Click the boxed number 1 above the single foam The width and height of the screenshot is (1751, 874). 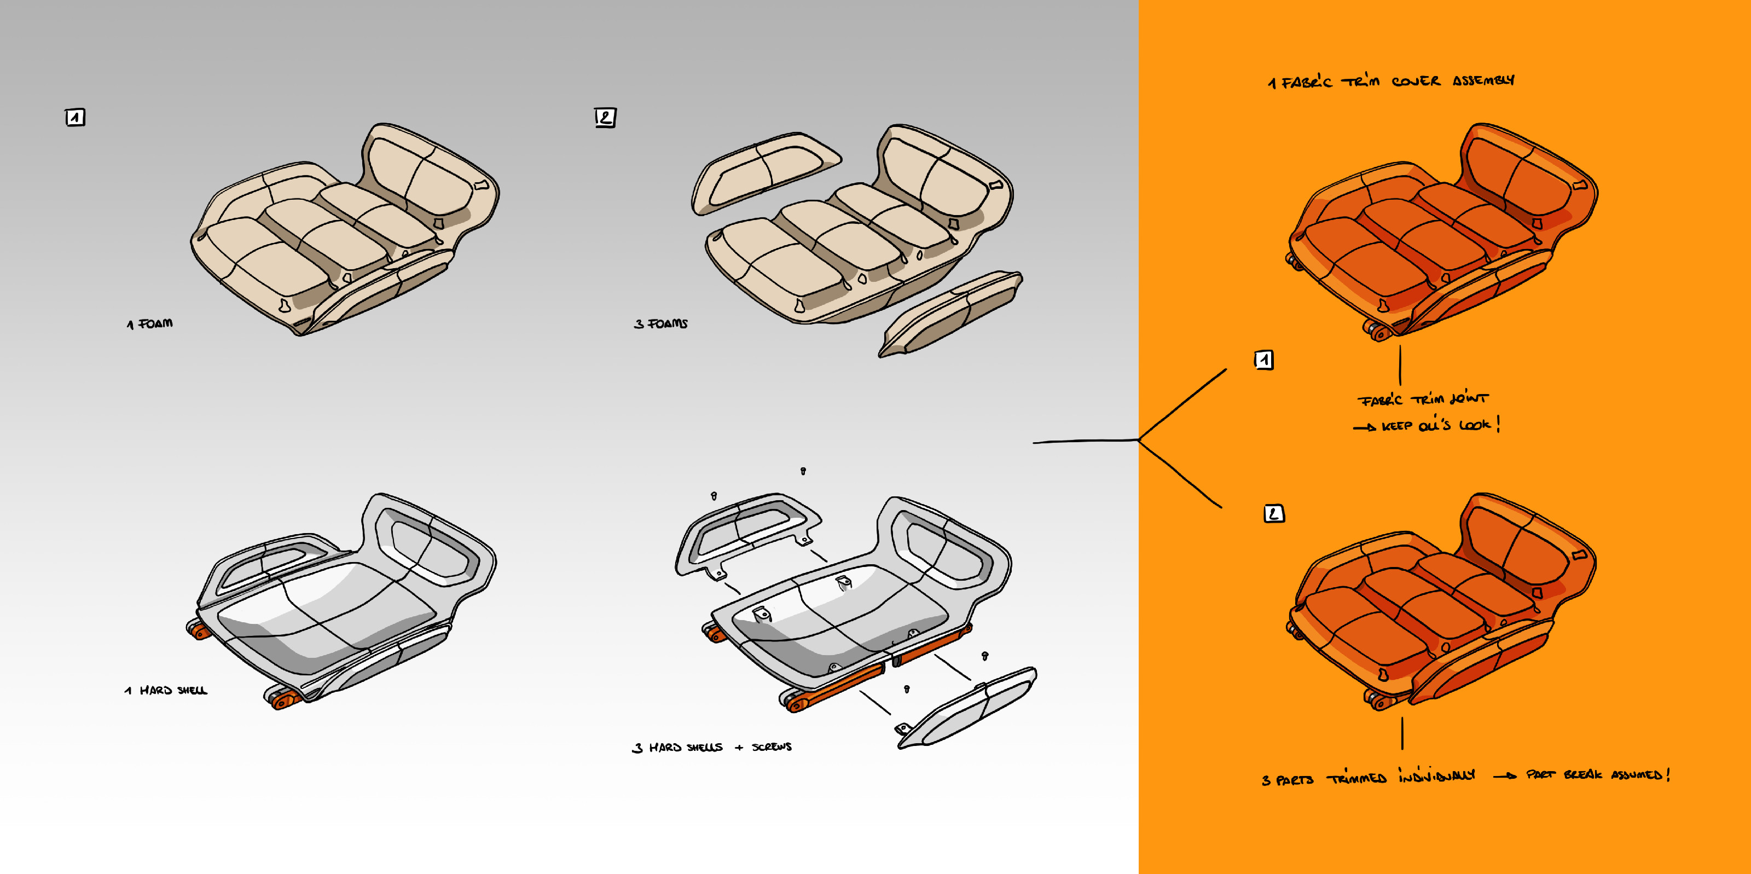pos(75,118)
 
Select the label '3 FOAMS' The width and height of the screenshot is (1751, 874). pos(660,324)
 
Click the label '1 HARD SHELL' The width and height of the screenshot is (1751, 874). pos(166,691)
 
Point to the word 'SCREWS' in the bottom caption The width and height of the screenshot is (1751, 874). pos(772,747)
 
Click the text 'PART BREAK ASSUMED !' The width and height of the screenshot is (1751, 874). pos(1597,775)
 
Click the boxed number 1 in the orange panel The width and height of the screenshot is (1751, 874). pos(1263,360)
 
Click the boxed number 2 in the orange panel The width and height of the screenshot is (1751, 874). pos(1273,514)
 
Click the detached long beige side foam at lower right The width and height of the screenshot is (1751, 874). pos(952,312)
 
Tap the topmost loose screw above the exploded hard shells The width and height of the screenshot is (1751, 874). pos(803,471)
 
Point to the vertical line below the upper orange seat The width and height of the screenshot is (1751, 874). pos(1400,365)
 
